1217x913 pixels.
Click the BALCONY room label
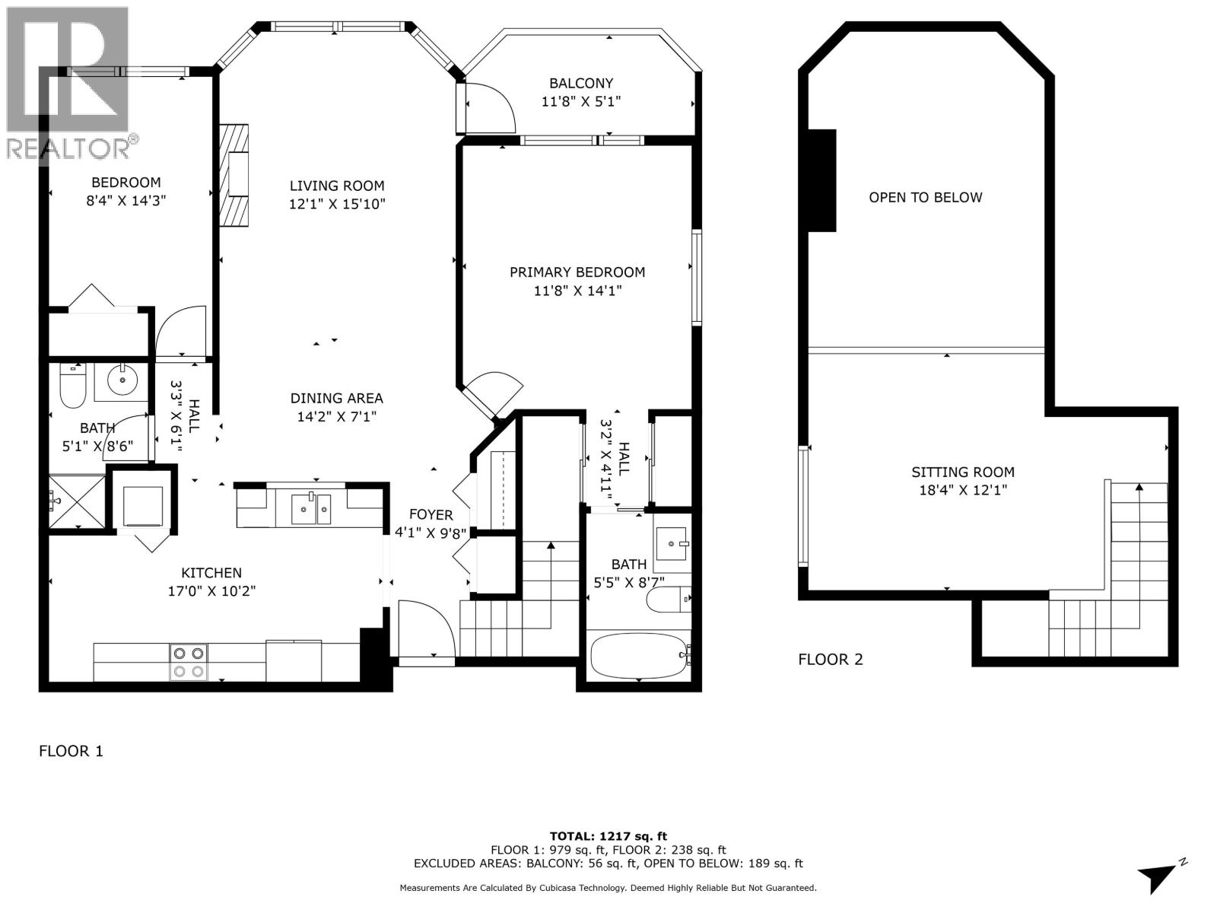coord(581,84)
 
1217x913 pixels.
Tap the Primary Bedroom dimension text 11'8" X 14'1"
coord(577,291)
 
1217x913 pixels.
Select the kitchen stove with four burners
coord(188,661)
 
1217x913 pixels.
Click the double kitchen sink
coord(312,508)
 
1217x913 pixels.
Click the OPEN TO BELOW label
coord(925,198)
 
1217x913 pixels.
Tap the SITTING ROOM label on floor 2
coord(962,472)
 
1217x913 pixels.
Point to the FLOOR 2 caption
coord(830,660)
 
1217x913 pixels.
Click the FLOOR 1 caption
coord(71,752)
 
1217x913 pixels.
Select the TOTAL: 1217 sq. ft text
coord(608,836)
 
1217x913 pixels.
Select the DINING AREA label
coord(336,399)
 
